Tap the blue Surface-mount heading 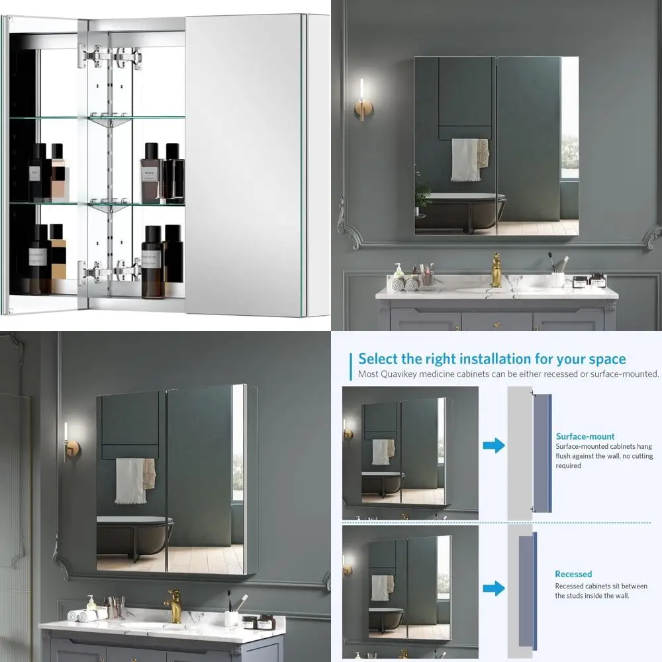pos(585,436)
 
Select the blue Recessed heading pos(573,574)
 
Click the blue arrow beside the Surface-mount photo pos(494,446)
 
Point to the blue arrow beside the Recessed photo pos(494,587)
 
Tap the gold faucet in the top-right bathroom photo pos(496,270)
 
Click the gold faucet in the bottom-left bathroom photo pos(173,604)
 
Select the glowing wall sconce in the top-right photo pos(361,99)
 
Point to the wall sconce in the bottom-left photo pos(68,437)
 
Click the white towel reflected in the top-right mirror pos(465,160)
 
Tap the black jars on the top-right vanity pos(589,280)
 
